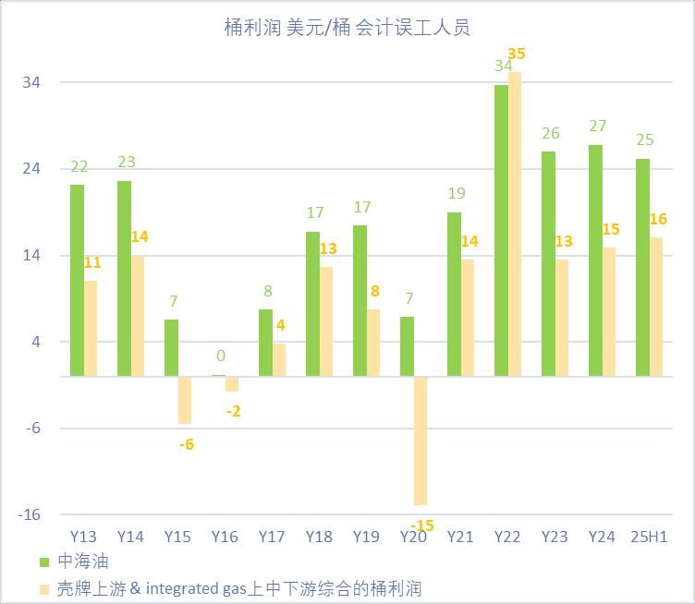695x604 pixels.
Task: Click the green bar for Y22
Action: (x=501, y=230)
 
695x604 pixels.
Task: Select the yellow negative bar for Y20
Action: (x=421, y=441)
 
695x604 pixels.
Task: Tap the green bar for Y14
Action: (x=124, y=278)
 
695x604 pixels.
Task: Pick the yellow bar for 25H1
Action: (x=656, y=307)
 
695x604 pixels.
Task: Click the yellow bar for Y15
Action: (x=185, y=400)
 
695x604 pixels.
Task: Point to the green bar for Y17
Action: (x=265, y=343)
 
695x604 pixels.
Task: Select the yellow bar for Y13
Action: (x=91, y=328)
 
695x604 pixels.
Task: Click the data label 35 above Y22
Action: (x=516, y=54)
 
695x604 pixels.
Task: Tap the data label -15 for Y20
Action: (x=421, y=525)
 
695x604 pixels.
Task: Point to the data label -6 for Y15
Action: (x=187, y=444)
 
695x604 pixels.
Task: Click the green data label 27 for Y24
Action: (x=598, y=127)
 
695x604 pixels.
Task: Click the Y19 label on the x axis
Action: (x=366, y=537)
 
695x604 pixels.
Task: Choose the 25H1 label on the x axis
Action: (x=650, y=537)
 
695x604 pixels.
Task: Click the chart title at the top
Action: (x=347, y=28)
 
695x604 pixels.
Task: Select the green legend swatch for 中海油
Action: (x=43, y=561)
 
